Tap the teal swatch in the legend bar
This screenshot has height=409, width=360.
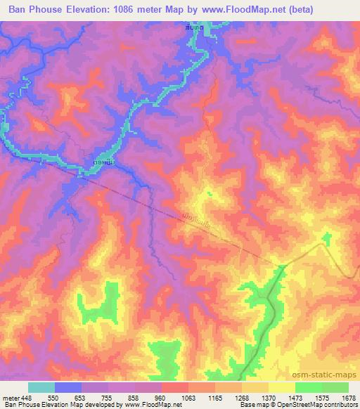click(41, 387)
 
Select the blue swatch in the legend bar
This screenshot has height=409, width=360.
click(67, 387)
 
